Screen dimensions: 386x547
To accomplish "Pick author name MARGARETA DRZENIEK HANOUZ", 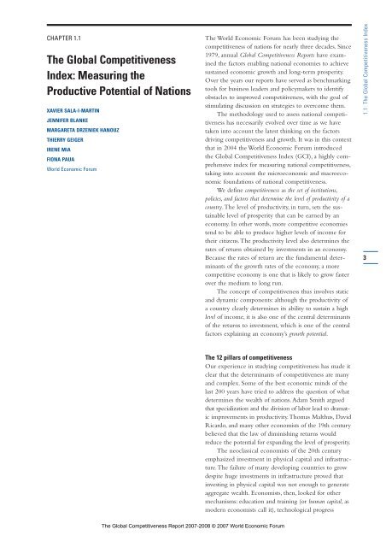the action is click(x=84, y=134).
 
